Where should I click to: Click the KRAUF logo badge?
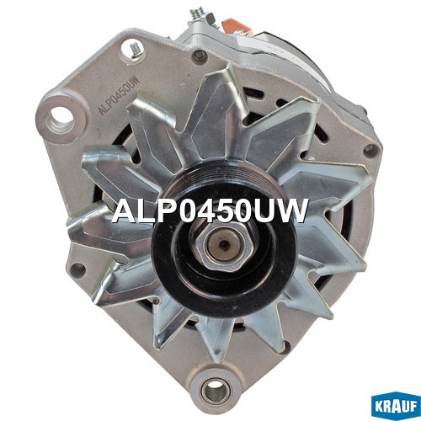396,406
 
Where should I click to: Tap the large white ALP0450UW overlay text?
210,211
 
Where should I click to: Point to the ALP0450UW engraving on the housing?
118,95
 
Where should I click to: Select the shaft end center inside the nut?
224,244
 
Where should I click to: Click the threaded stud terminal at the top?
198,14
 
